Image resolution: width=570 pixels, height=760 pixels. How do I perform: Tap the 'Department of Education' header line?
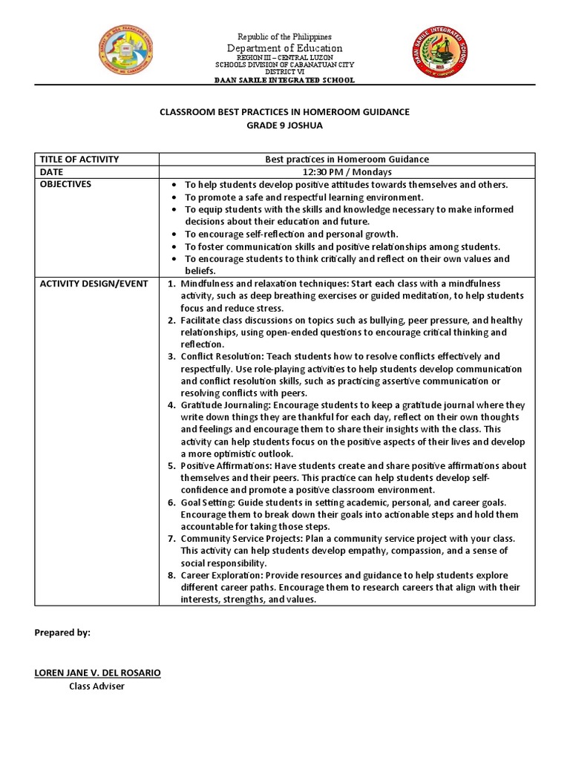285,48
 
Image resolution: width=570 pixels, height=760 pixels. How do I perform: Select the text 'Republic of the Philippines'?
285,36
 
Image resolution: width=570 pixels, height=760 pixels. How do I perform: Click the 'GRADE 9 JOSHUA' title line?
285,125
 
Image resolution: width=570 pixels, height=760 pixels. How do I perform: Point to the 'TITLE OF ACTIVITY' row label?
79,160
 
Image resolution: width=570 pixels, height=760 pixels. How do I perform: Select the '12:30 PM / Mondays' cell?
347,171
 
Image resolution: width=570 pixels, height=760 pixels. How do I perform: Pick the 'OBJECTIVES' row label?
66,184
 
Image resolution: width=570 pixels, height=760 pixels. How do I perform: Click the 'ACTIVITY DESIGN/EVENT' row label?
94,284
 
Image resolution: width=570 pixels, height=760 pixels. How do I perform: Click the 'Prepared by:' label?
62,632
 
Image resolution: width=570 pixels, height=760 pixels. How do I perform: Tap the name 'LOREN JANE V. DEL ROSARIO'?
97,672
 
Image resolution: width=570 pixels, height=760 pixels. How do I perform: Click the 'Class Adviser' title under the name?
96,686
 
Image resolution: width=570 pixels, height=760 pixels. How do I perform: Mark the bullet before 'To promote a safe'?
173,197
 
